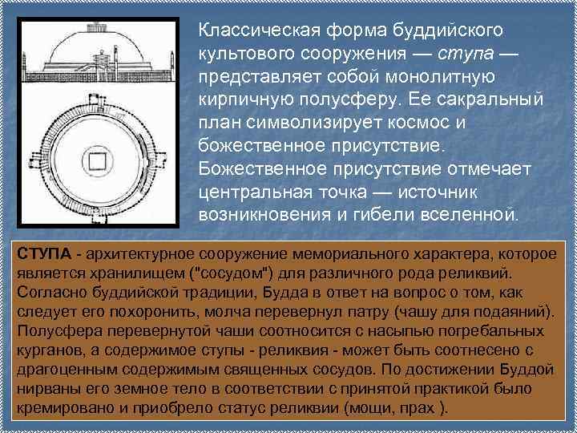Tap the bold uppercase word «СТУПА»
[x=40, y=255]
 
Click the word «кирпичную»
[x=249, y=100]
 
